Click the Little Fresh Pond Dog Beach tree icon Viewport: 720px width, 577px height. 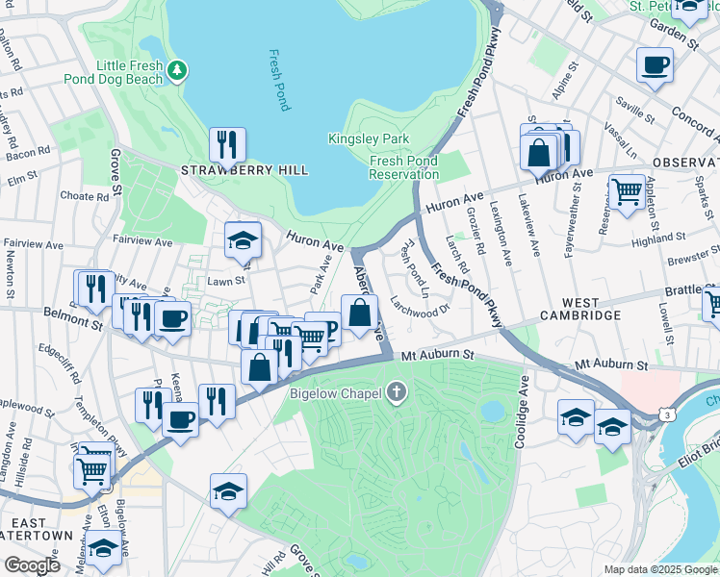point(176,70)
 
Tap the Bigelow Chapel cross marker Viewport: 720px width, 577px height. point(397,391)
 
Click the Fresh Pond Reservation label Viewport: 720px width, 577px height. point(404,168)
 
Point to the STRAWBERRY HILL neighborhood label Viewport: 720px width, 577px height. point(244,170)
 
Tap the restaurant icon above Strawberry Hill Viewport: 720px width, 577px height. point(227,144)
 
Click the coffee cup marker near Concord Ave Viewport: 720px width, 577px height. point(655,65)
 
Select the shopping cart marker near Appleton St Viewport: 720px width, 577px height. point(627,190)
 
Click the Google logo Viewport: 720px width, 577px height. point(33,565)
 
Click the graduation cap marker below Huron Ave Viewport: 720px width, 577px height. point(244,240)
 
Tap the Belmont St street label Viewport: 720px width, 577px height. point(73,316)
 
